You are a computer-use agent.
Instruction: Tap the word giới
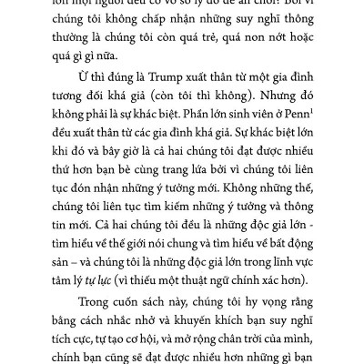(x=155, y=267)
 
